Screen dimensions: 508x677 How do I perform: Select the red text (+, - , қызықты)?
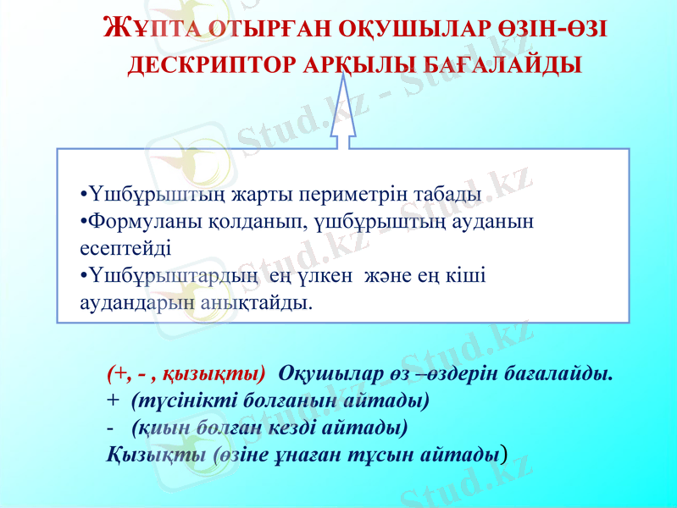click(186, 373)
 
